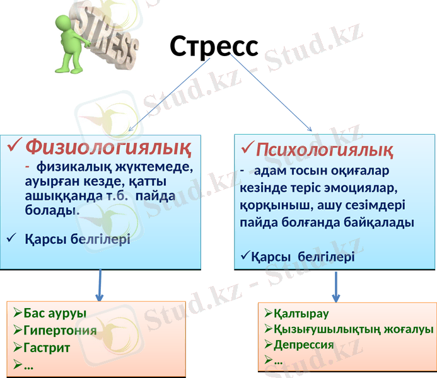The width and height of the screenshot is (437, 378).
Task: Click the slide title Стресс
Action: tap(214, 46)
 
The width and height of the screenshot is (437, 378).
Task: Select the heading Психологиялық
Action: tap(325, 151)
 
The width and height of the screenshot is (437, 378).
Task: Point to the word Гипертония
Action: tap(60, 330)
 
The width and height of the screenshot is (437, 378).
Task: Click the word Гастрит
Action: tap(47, 347)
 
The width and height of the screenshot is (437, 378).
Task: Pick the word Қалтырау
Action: tap(301, 314)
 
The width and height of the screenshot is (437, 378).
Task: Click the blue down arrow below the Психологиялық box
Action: tap(335, 287)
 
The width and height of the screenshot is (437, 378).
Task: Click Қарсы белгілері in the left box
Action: tap(77, 239)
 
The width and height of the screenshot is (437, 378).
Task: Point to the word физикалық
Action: tap(69, 168)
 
